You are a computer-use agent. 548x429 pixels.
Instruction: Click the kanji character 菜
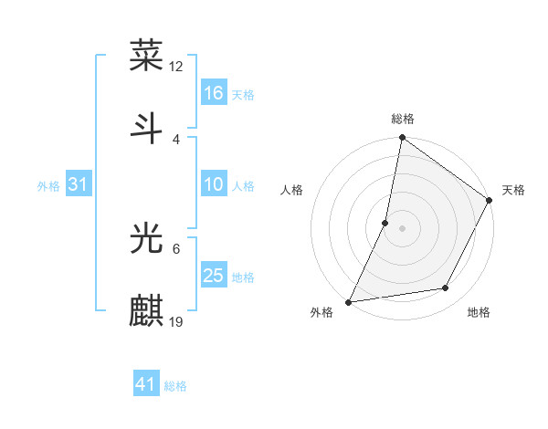click(x=147, y=57)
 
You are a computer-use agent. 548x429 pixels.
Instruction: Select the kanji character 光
click(x=147, y=238)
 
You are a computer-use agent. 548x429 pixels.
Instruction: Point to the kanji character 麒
click(x=147, y=310)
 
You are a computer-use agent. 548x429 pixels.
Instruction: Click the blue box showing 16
click(x=214, y=93)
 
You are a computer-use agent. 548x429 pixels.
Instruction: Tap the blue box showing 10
click(x=214, y=184)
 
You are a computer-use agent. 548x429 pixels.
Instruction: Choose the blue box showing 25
click(x=214, y=276)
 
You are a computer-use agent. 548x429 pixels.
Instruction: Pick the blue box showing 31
click(x=79, y=184)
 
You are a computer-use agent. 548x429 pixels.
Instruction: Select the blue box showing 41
click(x=146, y=385)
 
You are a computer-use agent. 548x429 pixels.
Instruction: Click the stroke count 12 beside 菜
click(x=176, y=66)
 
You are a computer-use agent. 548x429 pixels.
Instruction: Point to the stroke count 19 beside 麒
click(x=176, y=321)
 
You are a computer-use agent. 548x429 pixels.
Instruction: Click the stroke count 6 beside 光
click(x=176, y=248)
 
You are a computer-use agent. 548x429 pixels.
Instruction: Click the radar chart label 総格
click(x=403, y=119)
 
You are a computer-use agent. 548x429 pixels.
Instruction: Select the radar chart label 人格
click(x=292, y=190)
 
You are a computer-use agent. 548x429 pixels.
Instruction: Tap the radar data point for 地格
click(x=446, y=288)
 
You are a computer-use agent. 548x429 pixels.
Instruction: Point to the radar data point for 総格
click(x=402, y=139)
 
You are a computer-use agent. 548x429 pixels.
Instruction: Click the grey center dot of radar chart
click(x=402, y=228)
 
